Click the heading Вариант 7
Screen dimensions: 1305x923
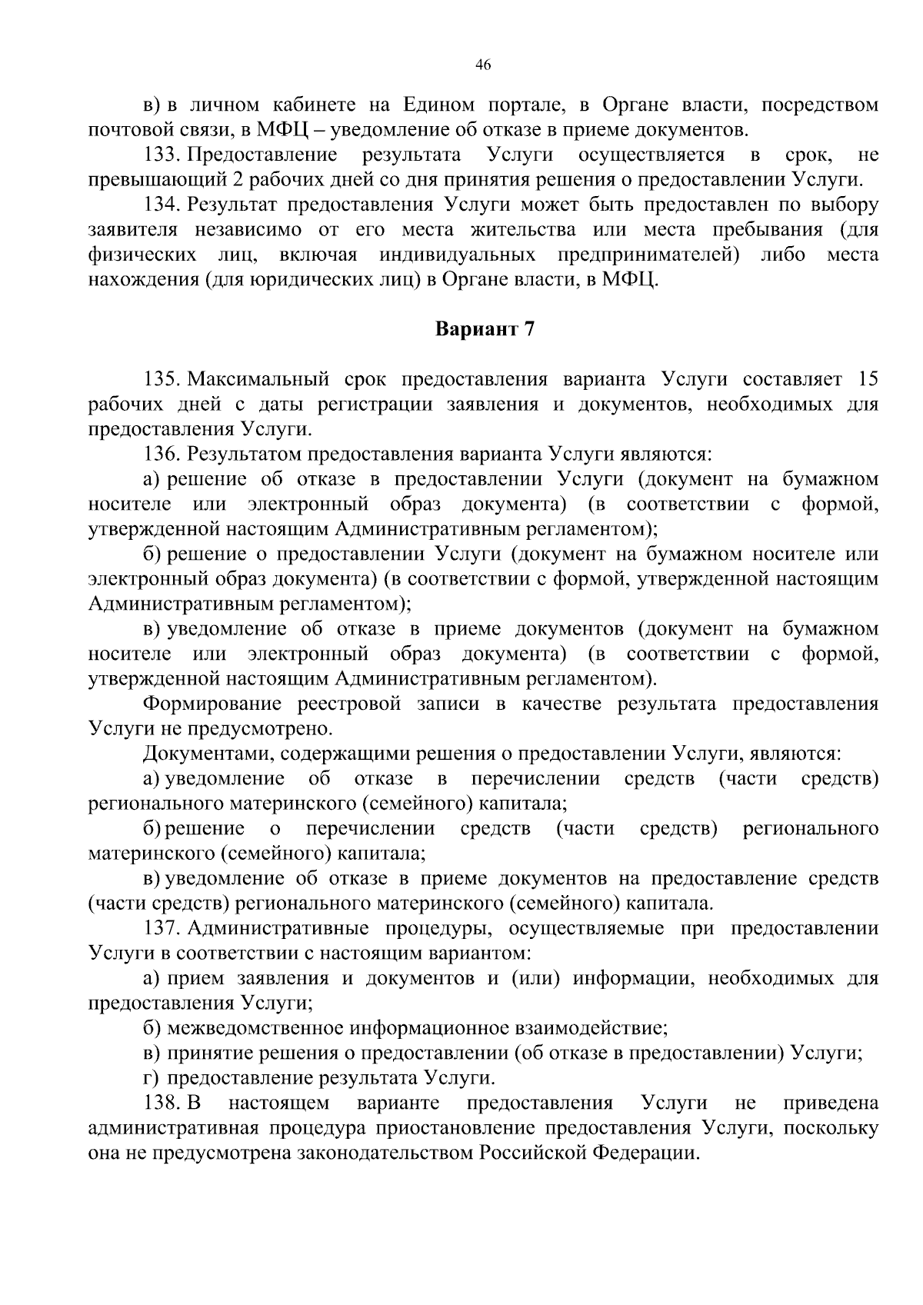coord(484,330)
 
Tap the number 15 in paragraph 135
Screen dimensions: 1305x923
coord(867,380)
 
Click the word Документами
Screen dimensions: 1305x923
coord(206,754)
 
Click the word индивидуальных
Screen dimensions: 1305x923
coord(457,255)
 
